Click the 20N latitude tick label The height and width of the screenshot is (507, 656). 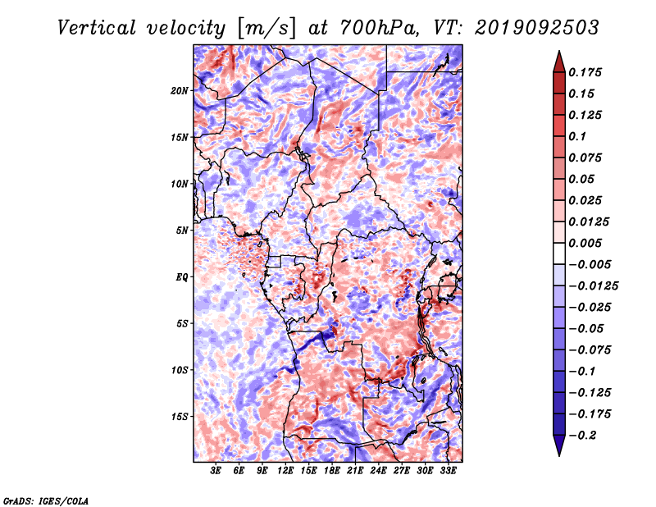click(180, 91)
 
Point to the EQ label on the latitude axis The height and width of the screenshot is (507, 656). click(182, 277)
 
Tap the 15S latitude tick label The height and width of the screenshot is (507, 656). click(180, 417)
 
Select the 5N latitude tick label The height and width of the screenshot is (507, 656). click(181, 231)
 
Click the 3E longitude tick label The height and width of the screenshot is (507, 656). click(216, 471)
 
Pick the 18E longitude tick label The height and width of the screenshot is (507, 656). click(332, 471)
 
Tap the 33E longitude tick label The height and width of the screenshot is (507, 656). click(448, 471)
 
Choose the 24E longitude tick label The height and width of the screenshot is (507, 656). click(378, 471)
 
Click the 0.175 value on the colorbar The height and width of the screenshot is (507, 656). click(585, 72)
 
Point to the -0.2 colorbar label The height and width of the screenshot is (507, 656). click(582, 436)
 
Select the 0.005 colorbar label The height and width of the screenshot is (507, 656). click(585, 243)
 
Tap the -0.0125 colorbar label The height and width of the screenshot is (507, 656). click(593, 286)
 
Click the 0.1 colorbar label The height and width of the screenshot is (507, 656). click(577, 136)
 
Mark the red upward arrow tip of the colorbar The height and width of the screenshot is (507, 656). click(559, 51)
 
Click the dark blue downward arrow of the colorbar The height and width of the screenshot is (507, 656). click(559, 445)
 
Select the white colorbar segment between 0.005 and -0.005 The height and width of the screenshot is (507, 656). click(559, 253)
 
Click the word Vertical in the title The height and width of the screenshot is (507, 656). click(97, 29)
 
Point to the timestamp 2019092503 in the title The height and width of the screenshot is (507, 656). click(537, 28)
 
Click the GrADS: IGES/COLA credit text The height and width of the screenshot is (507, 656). click(46, 500)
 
